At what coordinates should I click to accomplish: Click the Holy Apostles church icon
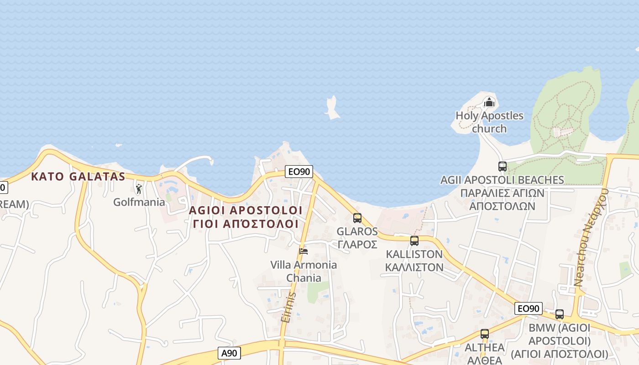pos(489,102)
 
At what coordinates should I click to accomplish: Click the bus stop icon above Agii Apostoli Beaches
pos(503,167)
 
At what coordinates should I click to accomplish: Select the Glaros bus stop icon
pos(357,218)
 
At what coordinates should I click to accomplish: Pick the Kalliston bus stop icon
pos(414,241)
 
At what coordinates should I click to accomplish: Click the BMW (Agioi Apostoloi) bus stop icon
pos(560,314)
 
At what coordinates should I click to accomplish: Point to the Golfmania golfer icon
pos(139,188)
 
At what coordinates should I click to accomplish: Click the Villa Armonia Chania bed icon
pos(303,251)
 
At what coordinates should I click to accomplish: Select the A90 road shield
pos(230,353)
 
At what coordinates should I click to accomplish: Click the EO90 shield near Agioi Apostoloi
pos(299,172)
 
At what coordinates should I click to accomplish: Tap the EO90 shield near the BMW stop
pos(529,308)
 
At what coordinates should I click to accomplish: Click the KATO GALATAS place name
pos(78,177)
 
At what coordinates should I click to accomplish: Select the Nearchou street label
pos(591,237)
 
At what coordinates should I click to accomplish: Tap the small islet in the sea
pos(333,108)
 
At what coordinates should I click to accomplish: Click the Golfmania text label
pos(139,202)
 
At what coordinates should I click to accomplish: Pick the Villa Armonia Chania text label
pos(304,271)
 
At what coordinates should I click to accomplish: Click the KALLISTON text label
pos(414,261)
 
